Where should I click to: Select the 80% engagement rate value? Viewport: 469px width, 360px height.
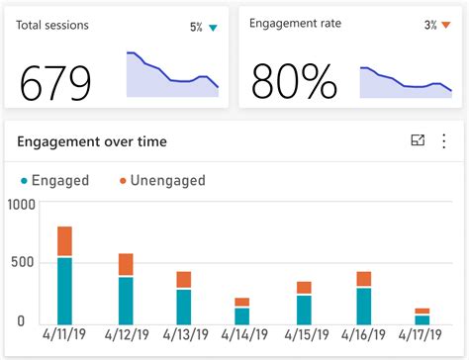point(295,83)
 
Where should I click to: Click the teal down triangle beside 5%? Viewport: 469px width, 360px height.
point(212,28)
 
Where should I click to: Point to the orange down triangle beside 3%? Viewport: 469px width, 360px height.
point(445,25)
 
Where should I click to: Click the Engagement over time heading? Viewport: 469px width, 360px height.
point(92,141)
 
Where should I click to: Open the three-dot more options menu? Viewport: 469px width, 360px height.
point(443,141)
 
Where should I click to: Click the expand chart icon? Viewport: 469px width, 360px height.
point(418,141)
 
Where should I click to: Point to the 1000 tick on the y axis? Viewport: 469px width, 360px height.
point(21,205)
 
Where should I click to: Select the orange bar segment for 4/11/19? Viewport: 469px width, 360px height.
point(64,241)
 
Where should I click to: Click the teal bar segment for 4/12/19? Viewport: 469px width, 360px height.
point(126,300)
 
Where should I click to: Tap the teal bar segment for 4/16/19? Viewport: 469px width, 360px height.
point(363,306)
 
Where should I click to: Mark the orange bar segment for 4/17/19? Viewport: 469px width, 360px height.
point(422,312)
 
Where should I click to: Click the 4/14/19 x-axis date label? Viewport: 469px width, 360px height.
point(240,337)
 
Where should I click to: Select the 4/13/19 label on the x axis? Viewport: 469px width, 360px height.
point(182,337)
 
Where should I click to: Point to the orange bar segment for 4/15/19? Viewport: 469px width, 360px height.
point(304,288)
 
